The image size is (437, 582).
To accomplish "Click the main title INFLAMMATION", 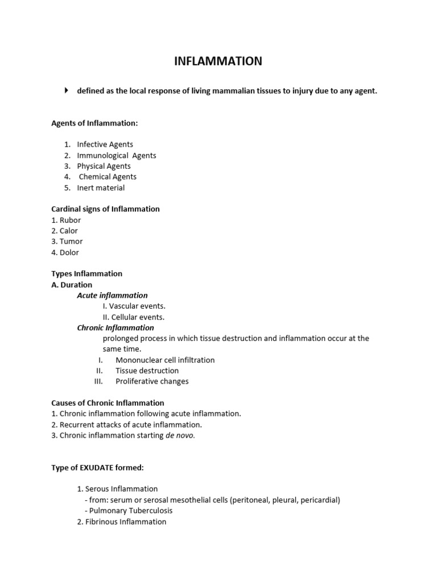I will tap(218, 61).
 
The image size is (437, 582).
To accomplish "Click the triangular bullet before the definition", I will tap(66, 90).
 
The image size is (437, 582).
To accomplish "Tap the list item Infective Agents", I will tap(105, 144).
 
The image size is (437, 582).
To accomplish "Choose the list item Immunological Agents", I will tap(117, 155).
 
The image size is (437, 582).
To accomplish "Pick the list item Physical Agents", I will tap(104, 166).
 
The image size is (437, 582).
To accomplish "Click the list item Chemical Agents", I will tap(108, 177).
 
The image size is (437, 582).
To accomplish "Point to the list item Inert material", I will tap(101, 188).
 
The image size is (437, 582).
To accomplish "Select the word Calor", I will tap(69, 231).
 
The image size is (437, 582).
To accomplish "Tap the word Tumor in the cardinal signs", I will tap(71, 242).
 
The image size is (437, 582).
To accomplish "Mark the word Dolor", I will tap(69, 252).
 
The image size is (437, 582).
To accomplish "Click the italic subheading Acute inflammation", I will tap(112, 295).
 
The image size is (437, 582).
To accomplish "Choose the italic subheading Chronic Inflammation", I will tap(116, 327).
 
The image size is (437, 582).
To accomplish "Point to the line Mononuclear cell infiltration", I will tap(165, 360).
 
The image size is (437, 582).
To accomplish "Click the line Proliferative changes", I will tap(152, 381).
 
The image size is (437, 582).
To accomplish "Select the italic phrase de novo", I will tap(180, 435).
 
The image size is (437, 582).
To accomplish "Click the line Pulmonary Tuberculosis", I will tap(131, 510).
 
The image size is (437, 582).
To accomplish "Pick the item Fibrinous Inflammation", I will tap(126, 521).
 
